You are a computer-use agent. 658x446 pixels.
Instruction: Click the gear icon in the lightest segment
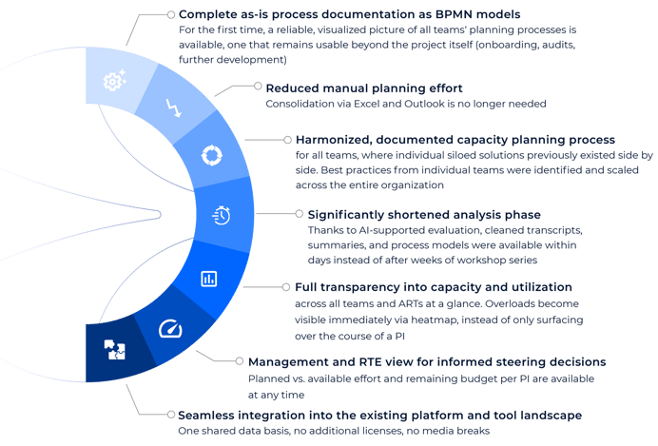[x=114, y=80]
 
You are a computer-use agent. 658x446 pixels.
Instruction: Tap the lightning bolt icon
[x=173, y=107]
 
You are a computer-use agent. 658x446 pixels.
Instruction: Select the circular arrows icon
[x=212, y=156]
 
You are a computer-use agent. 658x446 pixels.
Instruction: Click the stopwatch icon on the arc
[x=222, y=215]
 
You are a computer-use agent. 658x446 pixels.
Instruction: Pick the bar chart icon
[x=209, y=279]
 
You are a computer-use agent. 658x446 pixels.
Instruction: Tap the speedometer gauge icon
[x=170, y=329]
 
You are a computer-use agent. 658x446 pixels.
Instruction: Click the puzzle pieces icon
[x=114, y=350]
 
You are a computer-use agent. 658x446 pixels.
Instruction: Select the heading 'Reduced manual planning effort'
[x=364, y=88]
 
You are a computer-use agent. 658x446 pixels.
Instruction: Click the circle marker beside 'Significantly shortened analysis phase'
[x=299, y=214]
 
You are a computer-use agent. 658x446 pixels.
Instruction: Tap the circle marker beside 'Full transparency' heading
[x=286, y=287]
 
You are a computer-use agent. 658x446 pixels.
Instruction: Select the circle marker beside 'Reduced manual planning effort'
[x=258, y=86]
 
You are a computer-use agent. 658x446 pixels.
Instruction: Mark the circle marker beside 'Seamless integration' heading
[x=171, y=415]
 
